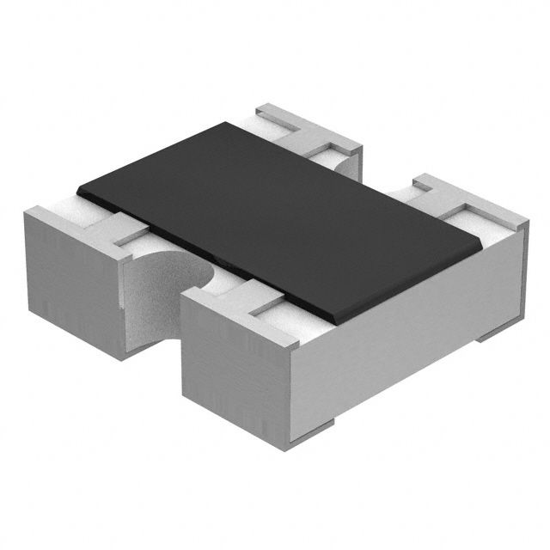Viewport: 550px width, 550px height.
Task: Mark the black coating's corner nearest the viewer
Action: [339, 324]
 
